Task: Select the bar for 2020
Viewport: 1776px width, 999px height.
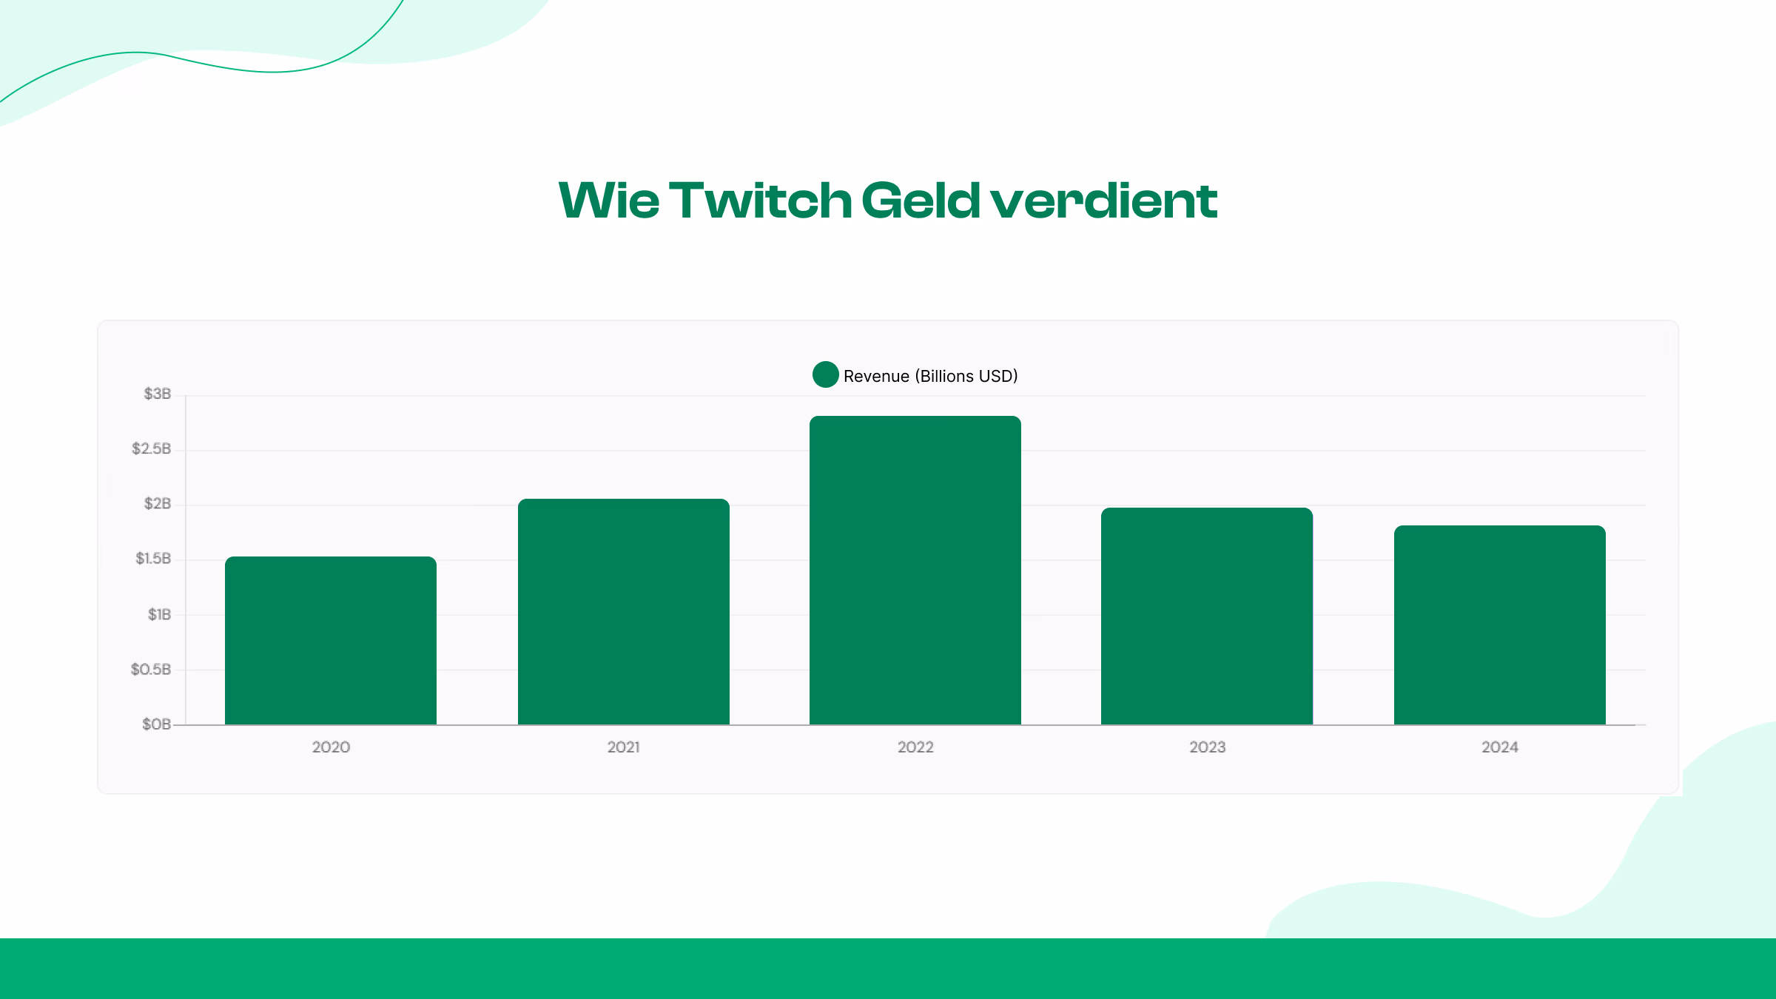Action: [330, 640]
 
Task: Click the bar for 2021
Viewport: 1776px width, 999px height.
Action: [623, 611]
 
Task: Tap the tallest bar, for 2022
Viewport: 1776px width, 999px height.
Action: [915, 570]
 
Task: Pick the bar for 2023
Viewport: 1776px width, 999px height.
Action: [1206, 616]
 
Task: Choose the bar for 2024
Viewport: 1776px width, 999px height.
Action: [1499, 625]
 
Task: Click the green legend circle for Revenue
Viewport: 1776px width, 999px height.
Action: [825, 374]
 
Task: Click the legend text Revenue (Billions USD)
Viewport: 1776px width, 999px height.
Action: [930, 376]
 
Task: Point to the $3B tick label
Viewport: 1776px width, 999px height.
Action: [157, 394]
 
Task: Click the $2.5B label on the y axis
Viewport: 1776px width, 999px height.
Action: [151, 448]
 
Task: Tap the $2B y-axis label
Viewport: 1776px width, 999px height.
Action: [157, 503]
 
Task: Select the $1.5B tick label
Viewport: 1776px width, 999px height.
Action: [152, 558]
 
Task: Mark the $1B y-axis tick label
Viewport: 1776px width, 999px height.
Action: [159, 614]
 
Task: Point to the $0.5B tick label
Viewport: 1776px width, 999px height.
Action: [150, 669]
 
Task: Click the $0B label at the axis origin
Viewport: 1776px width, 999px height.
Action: [156, 724]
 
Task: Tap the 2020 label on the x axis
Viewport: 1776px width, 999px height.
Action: [331, 747]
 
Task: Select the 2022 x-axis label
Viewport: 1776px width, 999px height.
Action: [915, 747]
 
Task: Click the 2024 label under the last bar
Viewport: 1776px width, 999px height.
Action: [1499, 747]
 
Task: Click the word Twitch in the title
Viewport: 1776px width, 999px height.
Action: [760, 201]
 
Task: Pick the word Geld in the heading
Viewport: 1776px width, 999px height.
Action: [921, 201]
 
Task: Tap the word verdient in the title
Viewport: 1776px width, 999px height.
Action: [1103, 201]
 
